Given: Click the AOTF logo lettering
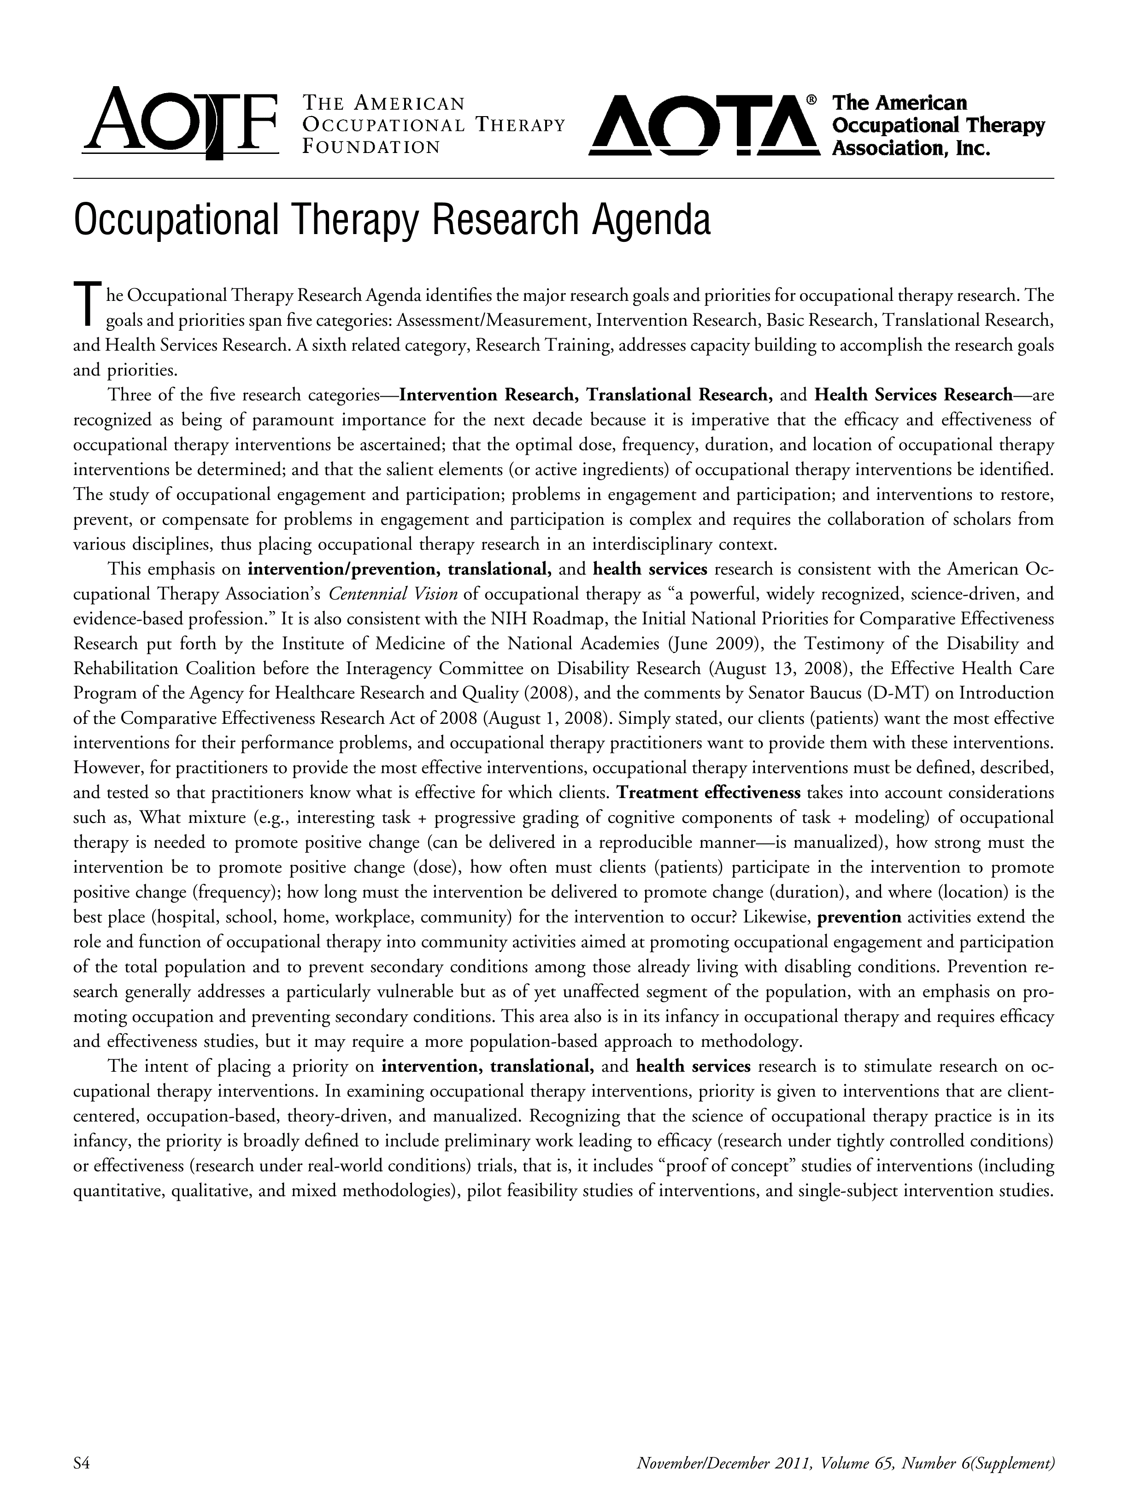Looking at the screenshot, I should pos(180,123).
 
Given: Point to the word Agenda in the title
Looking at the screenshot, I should pos(652,220).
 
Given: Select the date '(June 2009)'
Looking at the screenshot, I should pos(713,644).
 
